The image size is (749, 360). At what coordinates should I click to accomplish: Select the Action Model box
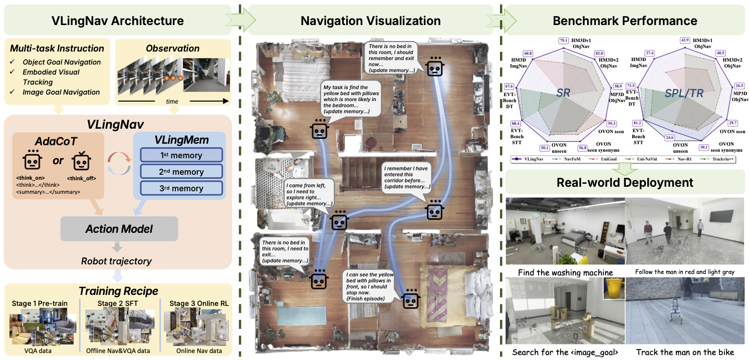[x=119, y=229]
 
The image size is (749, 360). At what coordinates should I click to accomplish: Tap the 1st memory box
[x=181, y=155]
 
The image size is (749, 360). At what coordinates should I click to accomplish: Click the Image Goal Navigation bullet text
[x=61, y=92]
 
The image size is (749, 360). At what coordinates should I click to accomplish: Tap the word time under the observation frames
[x=172, y=101]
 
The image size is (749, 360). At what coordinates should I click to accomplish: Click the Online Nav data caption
[x=199, y=350]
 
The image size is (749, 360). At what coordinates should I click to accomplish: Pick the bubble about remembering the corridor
[x=406, y=177]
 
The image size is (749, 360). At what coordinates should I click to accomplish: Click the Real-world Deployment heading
[x=625, y=182]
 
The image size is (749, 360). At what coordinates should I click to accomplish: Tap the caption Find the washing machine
[x=566, y=272]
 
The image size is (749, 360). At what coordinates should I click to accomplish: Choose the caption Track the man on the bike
[x=685, y=352]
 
